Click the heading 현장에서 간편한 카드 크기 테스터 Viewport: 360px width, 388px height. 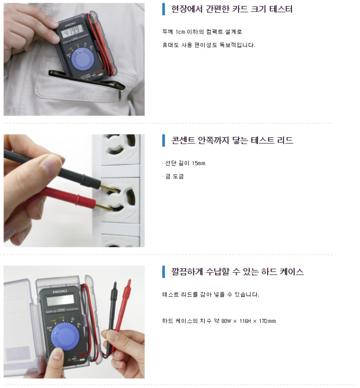click(x=231, y=9)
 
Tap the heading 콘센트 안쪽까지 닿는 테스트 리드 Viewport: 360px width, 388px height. click(x=232, y=140)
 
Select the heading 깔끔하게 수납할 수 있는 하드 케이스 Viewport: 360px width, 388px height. click(x=237, y=272)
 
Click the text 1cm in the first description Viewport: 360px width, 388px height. click(x=180, y=32)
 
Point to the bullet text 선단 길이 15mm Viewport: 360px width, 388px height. click(x=185, y=163)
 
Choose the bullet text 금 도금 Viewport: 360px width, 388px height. click(x=174, y=176)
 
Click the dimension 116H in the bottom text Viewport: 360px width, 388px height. click(x=245, y=321)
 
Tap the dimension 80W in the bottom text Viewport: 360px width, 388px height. click(x=226, y=321)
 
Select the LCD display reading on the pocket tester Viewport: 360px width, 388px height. click(x=72, y=32)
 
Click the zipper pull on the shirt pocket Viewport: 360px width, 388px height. click(x=120, y=94)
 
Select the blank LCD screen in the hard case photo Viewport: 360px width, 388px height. click(x=60, y=300)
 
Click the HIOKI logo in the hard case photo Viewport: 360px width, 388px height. click(x=59, y=292)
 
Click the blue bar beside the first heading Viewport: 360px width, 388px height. click(x=164, y=9)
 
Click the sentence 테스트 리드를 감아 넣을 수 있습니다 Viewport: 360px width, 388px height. click(x=211, y=294)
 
